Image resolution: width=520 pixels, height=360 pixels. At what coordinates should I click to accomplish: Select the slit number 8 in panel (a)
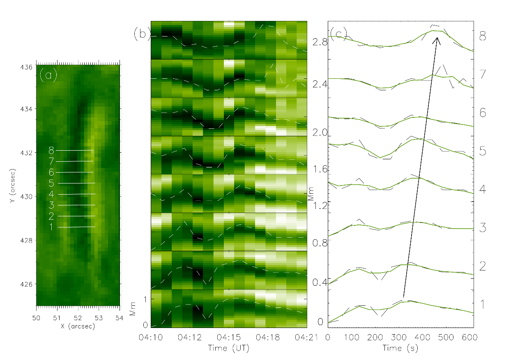coord(52,150)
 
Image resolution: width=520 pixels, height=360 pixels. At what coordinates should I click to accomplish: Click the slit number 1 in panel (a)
coord(52,227)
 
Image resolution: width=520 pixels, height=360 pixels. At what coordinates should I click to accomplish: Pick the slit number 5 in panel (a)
coord(52,183)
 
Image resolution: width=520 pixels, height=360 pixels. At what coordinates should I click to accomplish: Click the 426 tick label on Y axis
coord(29,284)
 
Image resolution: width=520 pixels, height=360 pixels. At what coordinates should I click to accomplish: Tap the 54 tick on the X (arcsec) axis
coord(119,318)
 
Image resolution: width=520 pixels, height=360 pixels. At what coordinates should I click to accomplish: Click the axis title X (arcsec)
coord(78,326)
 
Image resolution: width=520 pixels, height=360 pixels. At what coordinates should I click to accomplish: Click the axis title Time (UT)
coord(229,348)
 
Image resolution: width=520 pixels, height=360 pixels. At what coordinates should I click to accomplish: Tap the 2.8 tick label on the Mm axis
coord(319,42)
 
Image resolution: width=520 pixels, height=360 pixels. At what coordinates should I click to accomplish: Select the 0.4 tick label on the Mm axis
coord(319,282)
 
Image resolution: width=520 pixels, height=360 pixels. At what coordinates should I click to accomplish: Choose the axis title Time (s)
coord(400,348)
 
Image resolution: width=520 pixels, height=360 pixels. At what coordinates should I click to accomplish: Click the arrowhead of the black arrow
coord(437,39)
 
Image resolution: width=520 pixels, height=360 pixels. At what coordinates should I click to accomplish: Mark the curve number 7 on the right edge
coord(483,74)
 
